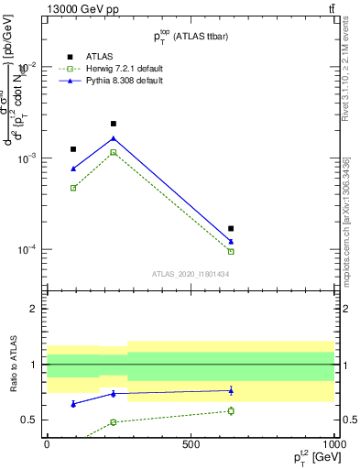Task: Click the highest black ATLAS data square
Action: pos(114,124)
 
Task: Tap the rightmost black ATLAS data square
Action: pos(231,228)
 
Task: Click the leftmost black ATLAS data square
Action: pos(73,148)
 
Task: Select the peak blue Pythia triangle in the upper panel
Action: pos(114,138)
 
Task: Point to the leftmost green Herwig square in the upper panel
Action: pos(73,188)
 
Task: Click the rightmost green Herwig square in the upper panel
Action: pos(231,251)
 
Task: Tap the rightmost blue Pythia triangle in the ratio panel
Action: pos(231,390)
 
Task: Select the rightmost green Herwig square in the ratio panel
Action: pos(231,410)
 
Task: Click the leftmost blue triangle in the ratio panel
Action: pos(73,403)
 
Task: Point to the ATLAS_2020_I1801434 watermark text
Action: pos(191,274)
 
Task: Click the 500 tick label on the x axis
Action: pos(191,443)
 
